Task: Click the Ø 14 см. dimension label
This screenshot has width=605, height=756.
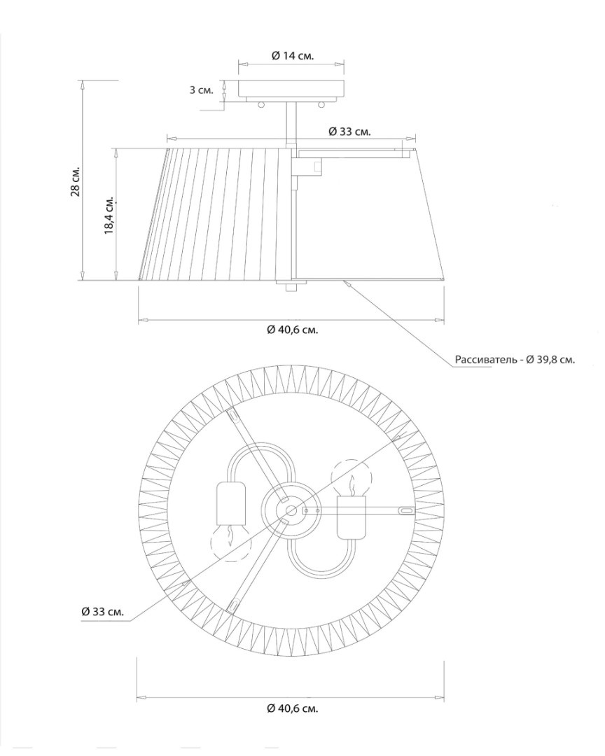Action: (x=293, y=55)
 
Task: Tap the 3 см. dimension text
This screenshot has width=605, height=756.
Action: (x=201, y=90)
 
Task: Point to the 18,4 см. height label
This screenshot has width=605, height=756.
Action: (x=109, y=215)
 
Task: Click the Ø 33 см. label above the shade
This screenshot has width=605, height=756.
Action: (x=350, y=132)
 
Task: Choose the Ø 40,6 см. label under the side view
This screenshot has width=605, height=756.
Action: (x=293, y=330)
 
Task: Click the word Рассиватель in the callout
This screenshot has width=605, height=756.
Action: (x=486, y=360)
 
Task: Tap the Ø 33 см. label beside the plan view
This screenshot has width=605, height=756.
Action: (x=103, y=612)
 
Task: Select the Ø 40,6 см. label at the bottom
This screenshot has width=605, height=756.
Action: (x=293, y=708)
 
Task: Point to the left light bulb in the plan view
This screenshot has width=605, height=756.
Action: (x=232, y=542)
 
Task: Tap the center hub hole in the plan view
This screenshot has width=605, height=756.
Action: (x=291, y=510)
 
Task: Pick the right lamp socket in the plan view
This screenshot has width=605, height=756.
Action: (x=352, y=518)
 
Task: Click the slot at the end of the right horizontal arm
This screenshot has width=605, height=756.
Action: (x=405, y=510)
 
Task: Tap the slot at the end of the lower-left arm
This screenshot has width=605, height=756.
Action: (x=233, y=605)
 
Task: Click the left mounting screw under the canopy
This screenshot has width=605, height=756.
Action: (x=261, y=104)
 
